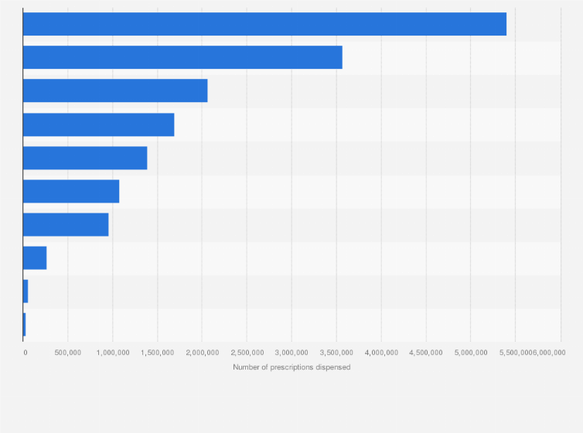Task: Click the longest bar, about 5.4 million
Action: click(x=264, y=24)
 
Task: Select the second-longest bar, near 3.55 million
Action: click(x=182, y=57)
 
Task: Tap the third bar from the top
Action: click(x=115, y=90)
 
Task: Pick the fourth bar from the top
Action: click(x=98, y=124)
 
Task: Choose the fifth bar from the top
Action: click(x=85, y=158)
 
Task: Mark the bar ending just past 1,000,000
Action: click(x=71, y=191)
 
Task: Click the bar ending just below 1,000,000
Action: click(x=66, y=224)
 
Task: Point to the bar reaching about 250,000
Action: click(x=35, y=257)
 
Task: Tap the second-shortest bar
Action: click(x=26, y=292)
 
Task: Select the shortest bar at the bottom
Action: click(x=25, y=324)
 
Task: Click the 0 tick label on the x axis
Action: click(x=26, y=353)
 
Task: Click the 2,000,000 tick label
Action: click(x=202, y=353)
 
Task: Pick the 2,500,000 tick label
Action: click(x=247, y=353)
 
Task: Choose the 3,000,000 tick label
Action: click(x=291, y=353)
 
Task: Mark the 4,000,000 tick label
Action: click(x=381, y=353)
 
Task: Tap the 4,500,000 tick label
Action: click(x=426, y=353)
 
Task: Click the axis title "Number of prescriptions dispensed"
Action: click(x=291, y=367)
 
